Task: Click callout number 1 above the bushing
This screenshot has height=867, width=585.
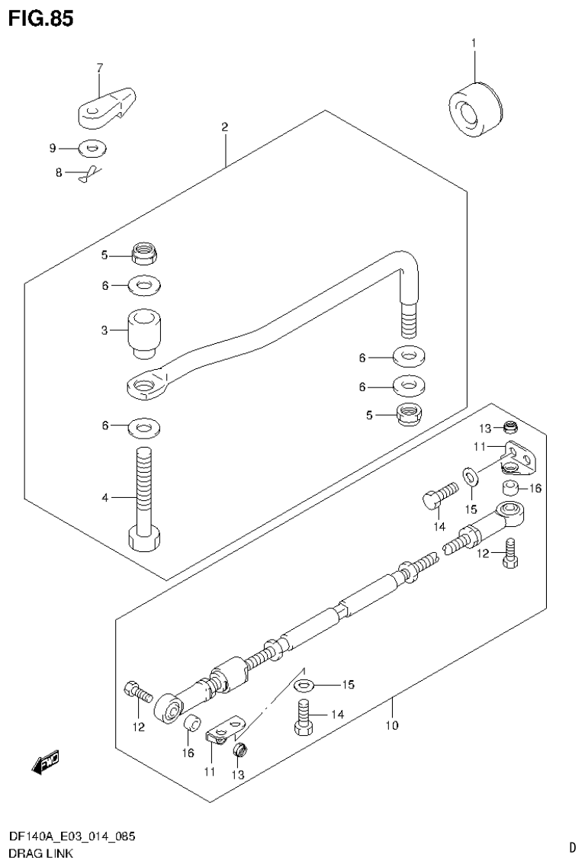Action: click(x=473, y=43)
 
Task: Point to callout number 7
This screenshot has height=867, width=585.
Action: click(x=99, y=69)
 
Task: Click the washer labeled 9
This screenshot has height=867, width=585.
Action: click(x=92, y=147)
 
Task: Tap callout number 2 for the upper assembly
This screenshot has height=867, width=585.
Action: click(x=225, y=127)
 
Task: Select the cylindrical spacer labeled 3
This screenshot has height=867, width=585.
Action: click(x=143, y=331)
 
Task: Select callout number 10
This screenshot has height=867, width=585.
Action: click(x=391, y=724)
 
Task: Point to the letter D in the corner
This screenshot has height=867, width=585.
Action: click(x=572, y=846)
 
